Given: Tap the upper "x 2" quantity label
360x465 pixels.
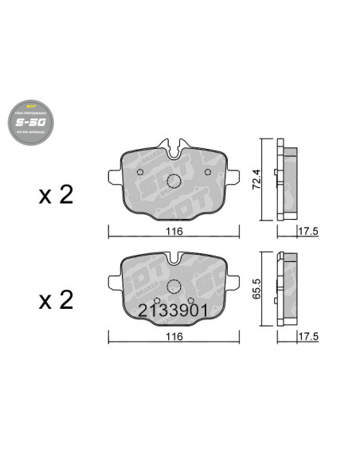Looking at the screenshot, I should click(57, 195).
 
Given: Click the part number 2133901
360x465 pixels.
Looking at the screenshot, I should click(174, 310).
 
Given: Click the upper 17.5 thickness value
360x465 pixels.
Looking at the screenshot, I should click(307, 232).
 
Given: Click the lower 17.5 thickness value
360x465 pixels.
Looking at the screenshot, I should click(307, 338).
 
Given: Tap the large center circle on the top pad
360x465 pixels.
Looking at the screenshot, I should click(174, 177).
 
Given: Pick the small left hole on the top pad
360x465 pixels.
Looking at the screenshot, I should click(140, 171).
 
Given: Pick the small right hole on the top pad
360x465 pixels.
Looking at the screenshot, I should click(208, 171).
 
